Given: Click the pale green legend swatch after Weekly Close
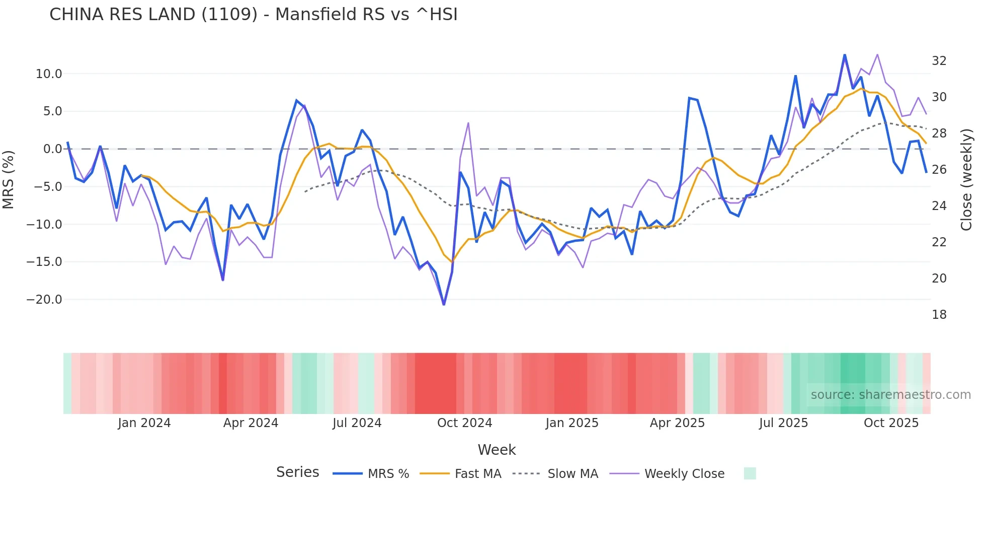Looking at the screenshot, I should click(x=750, y=473).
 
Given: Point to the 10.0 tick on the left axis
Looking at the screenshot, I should click(x=49, y=74).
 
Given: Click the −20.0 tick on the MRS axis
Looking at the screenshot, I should click(x=44, y=300).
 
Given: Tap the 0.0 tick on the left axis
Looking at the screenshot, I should click(x=52, y=149).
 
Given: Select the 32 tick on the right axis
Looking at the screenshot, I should click(x=939, y=61).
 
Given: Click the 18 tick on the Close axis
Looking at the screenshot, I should click(x=939, y=315).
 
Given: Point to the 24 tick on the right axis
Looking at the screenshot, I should click(x=939, y=206).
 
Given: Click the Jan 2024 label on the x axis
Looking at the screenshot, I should click(x=144, y=423).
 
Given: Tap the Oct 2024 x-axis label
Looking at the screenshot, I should click(x=464, y=423).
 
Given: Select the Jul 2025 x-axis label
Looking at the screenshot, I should click(x=783, y=423).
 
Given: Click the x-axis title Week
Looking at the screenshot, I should click(x=497, y=450).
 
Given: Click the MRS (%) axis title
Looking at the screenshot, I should click(x=9, y=179).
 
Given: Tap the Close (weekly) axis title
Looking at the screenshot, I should click(x=966, y=180).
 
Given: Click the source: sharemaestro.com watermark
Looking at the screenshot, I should click(x=890, y=395).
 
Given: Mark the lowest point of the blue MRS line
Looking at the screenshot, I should click(x=444, y=304).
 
